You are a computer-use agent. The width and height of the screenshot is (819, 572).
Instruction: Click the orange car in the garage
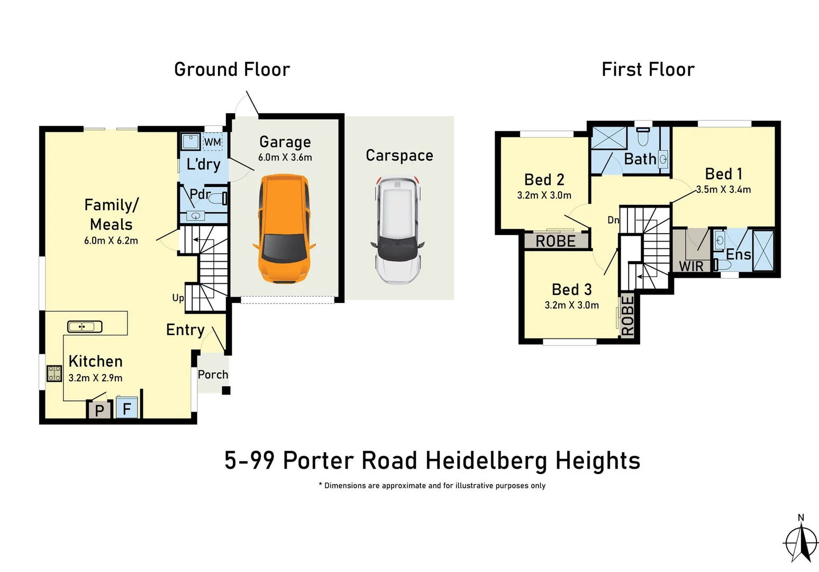(284, 229)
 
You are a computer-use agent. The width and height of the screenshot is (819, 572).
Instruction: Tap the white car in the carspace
(398, 230)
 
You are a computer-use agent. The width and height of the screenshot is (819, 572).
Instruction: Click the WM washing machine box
(213, 142)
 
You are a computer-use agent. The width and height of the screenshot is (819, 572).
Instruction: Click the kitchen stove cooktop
(54, 373)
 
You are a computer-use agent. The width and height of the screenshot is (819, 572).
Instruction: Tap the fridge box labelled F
(127, 408)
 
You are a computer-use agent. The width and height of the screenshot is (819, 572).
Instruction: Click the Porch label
(213, 374)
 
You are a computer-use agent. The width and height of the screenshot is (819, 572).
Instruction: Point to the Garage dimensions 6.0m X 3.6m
(285, 157)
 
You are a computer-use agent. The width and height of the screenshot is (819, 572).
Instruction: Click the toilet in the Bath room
(643, 137)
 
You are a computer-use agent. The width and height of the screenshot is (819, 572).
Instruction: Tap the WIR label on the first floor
(691, 266)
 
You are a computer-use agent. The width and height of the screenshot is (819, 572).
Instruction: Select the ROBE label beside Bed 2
(556, 242)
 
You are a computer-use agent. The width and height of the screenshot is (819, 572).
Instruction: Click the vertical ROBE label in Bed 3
(627, 316)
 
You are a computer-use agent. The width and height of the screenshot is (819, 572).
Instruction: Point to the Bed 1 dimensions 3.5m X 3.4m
(724, 190)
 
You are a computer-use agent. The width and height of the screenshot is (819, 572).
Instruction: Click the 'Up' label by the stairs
(178, 298)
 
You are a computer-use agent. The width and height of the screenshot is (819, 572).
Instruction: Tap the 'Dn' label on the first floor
(613, 220)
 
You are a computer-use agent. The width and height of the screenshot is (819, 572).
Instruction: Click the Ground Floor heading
(232, 69)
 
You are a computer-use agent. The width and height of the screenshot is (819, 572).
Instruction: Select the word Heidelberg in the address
(486, 460)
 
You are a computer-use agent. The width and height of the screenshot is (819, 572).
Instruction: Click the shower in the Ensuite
(763, 251)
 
